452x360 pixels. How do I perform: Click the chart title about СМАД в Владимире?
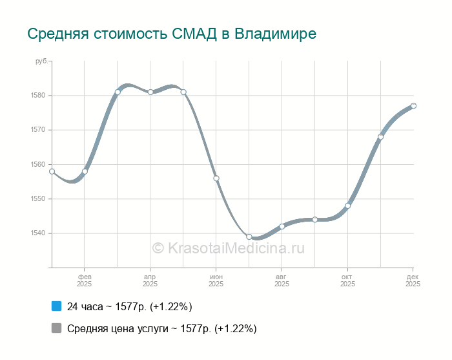172,34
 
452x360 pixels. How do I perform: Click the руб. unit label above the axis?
40,61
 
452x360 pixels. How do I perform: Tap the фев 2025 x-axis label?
85,280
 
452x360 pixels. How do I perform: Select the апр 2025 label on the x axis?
150,280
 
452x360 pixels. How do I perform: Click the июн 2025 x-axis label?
216,280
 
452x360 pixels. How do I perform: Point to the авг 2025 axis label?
282,280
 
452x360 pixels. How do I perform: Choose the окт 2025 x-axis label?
347,280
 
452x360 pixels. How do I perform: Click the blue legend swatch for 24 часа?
56,306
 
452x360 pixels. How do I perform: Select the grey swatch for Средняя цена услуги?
56,328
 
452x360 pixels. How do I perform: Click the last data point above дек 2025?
413,106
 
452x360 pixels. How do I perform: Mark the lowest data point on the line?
249,237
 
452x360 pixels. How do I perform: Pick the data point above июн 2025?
216,178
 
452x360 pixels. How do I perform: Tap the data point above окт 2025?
347,206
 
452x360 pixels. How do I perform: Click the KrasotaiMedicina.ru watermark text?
227,248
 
